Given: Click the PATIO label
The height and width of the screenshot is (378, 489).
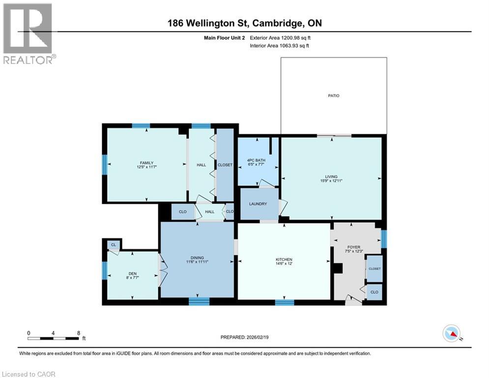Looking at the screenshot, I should [x=334, y=95].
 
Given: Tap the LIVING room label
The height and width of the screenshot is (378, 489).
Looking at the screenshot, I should [x=331, y=176].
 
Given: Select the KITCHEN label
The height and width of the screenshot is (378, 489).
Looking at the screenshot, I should [x=284, y=259].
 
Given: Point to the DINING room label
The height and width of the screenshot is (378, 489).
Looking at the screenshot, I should [x=197, y=257].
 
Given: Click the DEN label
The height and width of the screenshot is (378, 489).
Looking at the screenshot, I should [x=132, y=274].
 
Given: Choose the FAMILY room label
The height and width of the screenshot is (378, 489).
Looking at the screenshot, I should [x=146, y=163].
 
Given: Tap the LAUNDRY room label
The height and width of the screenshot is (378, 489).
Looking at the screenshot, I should [x=258, y=204].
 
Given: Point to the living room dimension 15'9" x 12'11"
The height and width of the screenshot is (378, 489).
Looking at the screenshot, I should [x=331, y=181].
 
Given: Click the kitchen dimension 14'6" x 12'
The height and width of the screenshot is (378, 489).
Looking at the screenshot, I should [x=284, y=264].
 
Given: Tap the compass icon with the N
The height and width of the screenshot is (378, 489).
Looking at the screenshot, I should [x=451, y=334].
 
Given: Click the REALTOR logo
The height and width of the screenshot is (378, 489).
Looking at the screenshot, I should [x=28, y=33].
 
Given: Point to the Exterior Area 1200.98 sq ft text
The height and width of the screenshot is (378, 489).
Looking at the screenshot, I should [x=280, y=37].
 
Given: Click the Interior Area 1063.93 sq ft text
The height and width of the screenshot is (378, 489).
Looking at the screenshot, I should [x=280, y=46].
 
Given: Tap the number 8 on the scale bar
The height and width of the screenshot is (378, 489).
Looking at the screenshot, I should [x=79, y=332].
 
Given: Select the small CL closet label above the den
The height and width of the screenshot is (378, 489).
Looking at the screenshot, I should [x=114, y=245].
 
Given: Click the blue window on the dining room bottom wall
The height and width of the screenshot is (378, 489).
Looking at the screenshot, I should [x=199, y=302].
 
